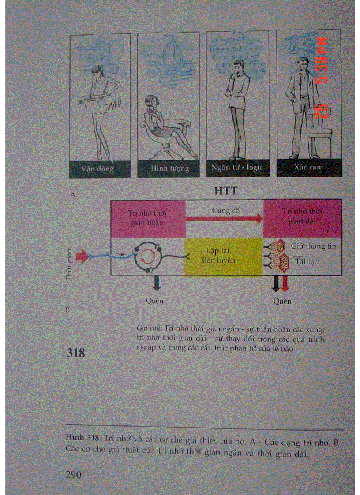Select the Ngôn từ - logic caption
(x=237, y=168)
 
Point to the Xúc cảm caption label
(x=308, y=167)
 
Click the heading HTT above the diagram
(x=226, y=191)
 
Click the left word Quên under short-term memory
(x=154, y=301)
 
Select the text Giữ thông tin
(x=313, y=246)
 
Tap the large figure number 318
(x=75, y=353)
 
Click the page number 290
(x=74, y=474)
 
